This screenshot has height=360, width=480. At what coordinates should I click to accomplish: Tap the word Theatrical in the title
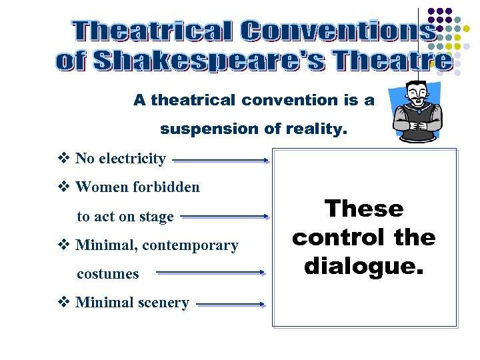point(152,31)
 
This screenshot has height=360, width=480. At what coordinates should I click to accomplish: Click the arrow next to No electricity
point(221,160)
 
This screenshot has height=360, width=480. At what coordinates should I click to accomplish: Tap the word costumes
point(108,274)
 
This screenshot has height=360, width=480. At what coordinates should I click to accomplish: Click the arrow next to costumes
point(211,272)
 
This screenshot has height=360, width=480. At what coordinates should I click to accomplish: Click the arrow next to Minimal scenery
point(231,304)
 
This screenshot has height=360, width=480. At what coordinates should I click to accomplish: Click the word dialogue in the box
point(363,266)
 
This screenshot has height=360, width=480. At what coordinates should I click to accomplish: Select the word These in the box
point(364,209)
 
